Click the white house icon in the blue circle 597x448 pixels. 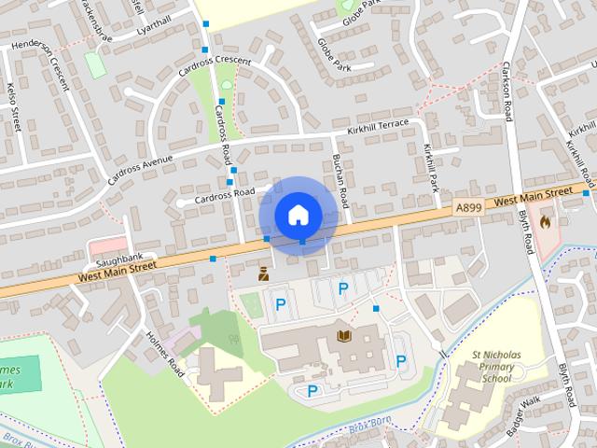[298, 215]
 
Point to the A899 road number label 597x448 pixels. [469, 206]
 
